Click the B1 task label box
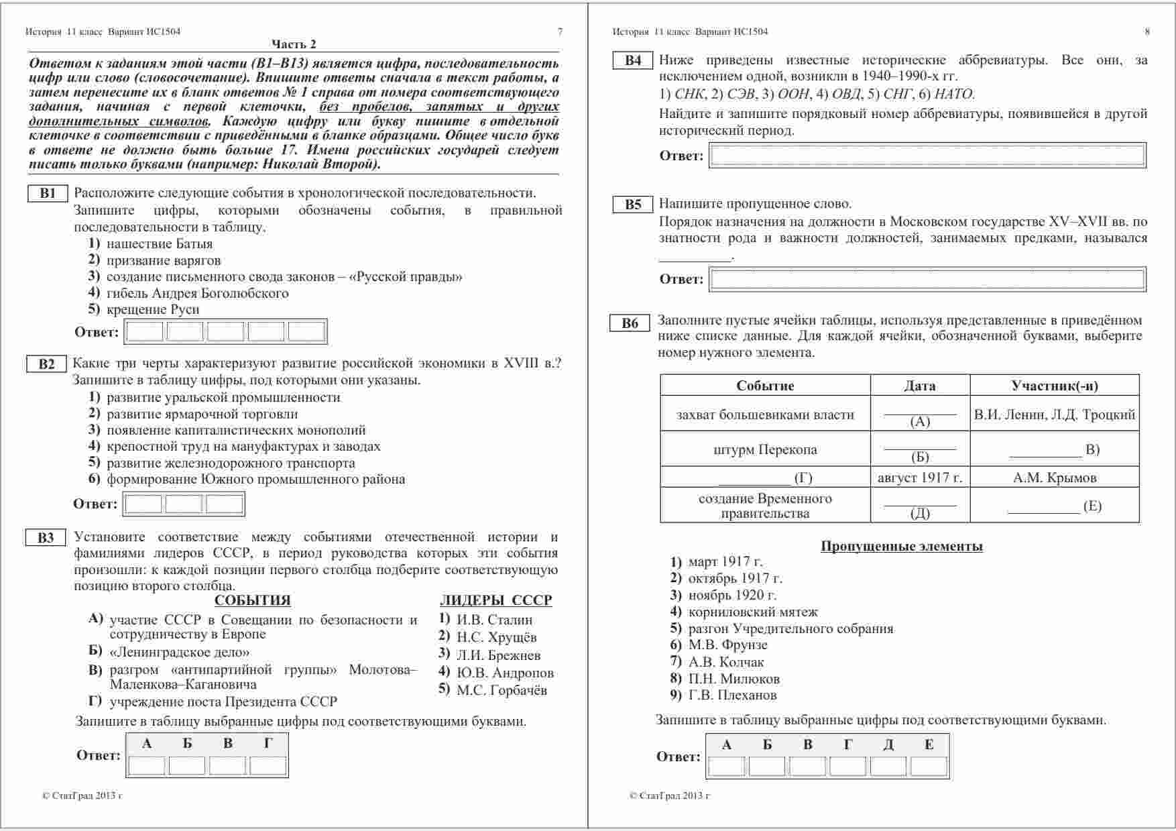pos(48,193)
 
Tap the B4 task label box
pos(633,60)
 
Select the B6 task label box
pos(630,323)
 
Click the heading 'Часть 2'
pos(294,44)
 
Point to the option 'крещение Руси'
pos(152,309)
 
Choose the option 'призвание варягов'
pos(163,260)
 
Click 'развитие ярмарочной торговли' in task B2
pos(202,414)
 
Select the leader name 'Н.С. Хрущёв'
pos(496,637)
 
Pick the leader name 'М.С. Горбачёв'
pos(502,689)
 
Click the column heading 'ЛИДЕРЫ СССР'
pos(495,600)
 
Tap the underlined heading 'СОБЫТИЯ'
pos(253,600)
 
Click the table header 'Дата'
pos(919,386)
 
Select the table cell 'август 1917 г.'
pos(919,478)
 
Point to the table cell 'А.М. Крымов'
pos(1054,478)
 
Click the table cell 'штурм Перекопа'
pos(765,449)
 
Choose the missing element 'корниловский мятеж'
pos(752,612)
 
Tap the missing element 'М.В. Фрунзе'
pos(727,645)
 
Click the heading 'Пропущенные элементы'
pos(901,546)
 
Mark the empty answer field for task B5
pos(927,279)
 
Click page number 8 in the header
pos(1146,32)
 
